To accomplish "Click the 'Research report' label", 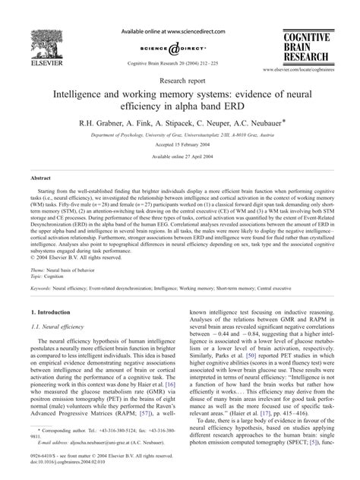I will coord(179,78).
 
